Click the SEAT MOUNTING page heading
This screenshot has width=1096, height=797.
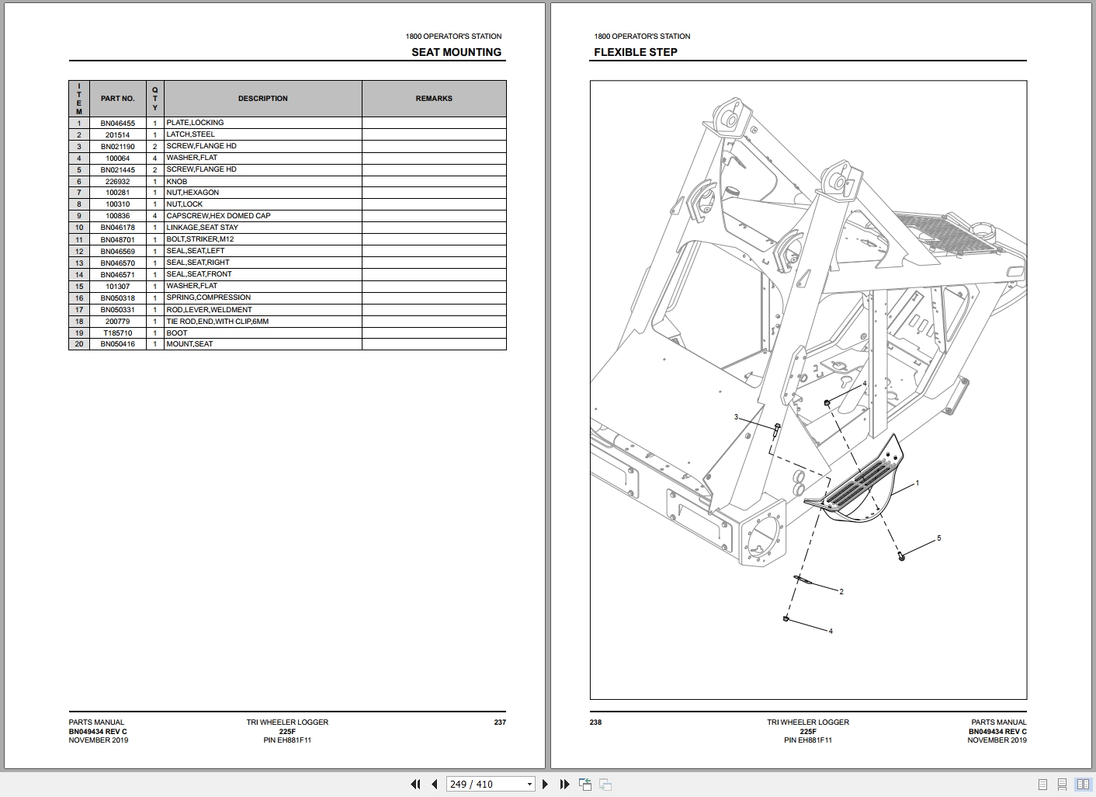point(456,52)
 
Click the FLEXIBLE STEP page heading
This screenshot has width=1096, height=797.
point(636,52)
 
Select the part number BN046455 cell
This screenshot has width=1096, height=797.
point(117,123)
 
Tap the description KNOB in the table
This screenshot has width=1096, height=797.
point(177,181)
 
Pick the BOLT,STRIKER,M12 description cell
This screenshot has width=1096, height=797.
point(199,239)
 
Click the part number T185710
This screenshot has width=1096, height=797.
point(117,332)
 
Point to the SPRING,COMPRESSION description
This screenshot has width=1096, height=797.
point(208,298)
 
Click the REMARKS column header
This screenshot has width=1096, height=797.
point(434,99)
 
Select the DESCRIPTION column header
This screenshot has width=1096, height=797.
point(262,99)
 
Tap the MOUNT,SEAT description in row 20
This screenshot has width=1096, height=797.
point(189,344)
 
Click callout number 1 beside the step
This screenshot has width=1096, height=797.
point(917,483)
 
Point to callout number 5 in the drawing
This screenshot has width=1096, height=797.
point(938,538)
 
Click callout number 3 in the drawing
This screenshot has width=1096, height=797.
point(736,417)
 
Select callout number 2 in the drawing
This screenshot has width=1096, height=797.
point(841,592)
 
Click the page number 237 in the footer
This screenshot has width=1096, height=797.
point(500,722)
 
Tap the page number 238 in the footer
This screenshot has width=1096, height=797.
point(595,722)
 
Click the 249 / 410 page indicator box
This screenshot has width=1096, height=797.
point(491,784)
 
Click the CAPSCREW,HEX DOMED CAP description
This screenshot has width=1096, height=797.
point(218,216)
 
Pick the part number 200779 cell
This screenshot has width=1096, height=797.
point(117,321)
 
